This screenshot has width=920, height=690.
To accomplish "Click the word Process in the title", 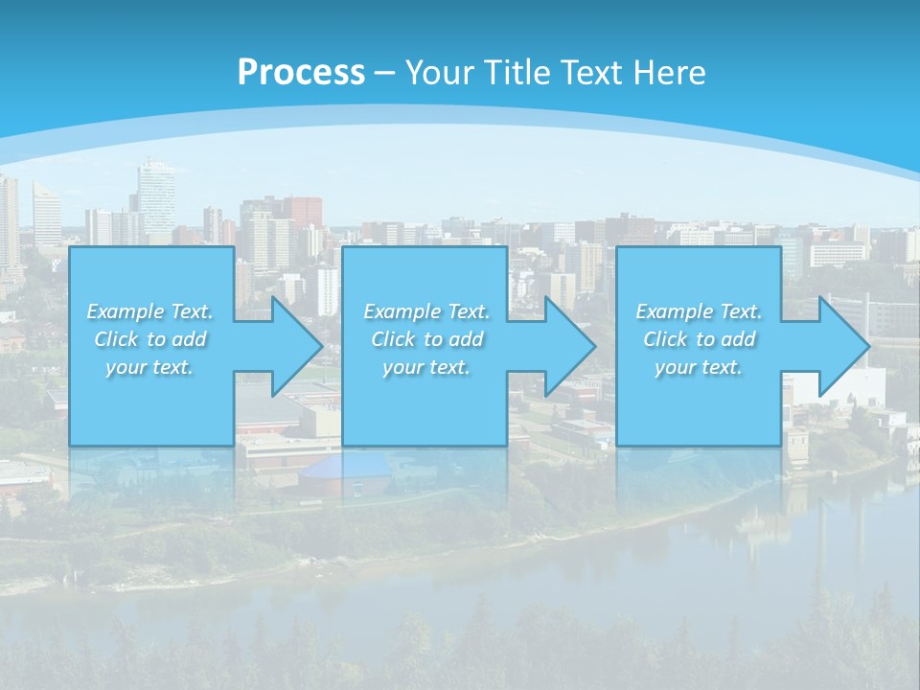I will pyautogui.click(x=301, y=73).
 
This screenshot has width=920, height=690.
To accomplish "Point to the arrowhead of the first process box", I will pyautogui.click(x=297, y=346).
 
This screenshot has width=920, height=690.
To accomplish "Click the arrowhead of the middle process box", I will pyautogui.click(x=570, y=346).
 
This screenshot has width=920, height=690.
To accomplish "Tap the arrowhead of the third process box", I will pyautogui.click(x=843, y=346).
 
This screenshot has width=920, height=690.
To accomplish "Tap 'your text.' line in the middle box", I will pyautogui.click(x=425, y=367).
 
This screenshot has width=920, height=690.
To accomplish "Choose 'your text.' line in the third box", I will pyautogui.click(x=698, y=367).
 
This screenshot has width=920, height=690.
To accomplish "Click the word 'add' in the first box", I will pyautogui.click(x=190, y=339).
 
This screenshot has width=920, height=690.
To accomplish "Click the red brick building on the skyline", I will pyautogui.click(x=303, y=211).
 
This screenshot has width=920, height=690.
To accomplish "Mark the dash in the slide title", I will pyautogui.click(x=385, y=73).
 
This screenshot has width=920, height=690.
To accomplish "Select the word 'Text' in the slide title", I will pyautogui.click(x=592, y=73).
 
